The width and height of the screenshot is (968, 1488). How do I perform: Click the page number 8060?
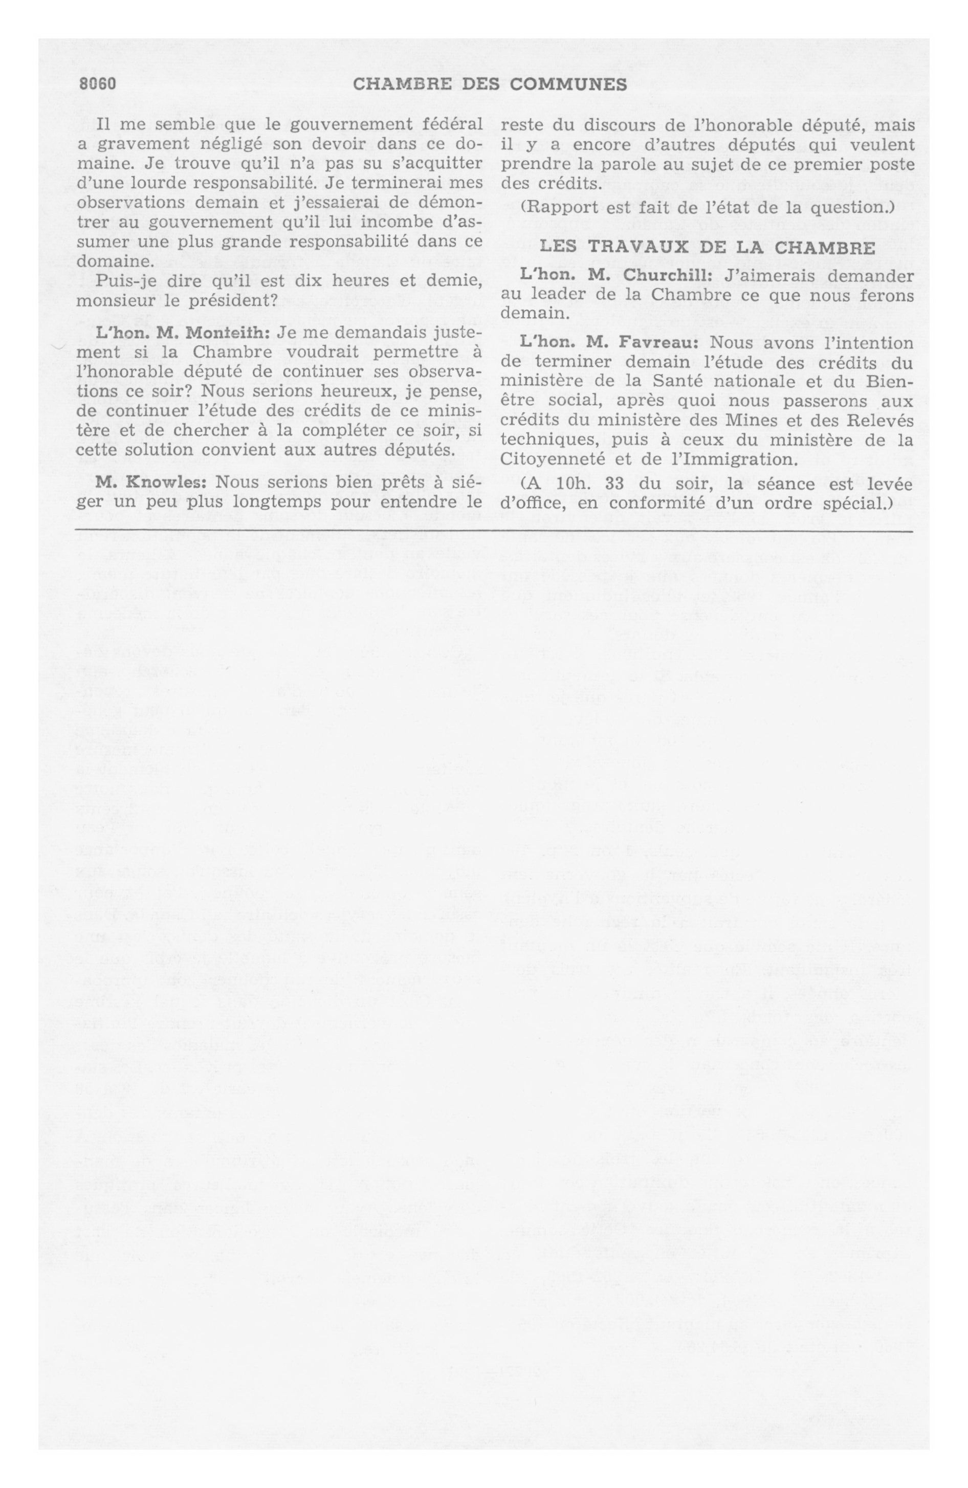[98, 84]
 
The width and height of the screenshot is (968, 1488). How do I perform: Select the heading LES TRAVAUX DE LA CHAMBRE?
[707, 247]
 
